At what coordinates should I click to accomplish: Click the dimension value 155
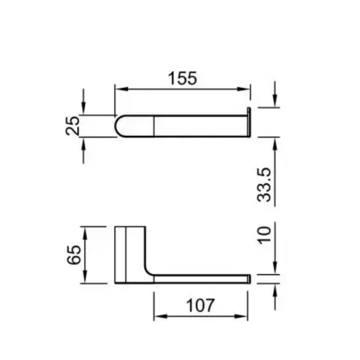pos(183,78)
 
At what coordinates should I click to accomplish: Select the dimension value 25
pos(73,126)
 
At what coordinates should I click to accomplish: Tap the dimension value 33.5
pos(264,185)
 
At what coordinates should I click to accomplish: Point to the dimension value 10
pos(264,235)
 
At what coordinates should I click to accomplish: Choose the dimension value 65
pos(74,255)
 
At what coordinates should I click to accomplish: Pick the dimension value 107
pos(200,305)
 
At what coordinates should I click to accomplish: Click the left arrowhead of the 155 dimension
pos(122,89)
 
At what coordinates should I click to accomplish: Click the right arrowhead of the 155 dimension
pos(243,89)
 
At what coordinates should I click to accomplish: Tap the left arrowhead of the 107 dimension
pos(161,316)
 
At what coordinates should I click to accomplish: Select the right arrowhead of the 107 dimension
pos(241,316)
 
